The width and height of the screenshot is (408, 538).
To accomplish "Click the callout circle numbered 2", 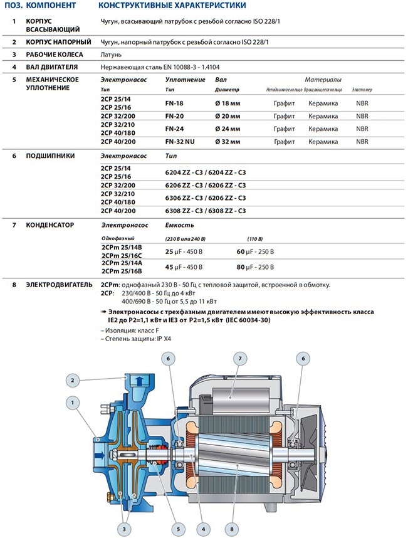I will point(73,379).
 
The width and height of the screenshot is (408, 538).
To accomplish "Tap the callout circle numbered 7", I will point(239,359).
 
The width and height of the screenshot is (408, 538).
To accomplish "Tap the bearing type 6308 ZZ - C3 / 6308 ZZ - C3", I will point(205,211).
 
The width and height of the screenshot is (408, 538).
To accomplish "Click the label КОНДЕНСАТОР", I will point(50,224).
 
